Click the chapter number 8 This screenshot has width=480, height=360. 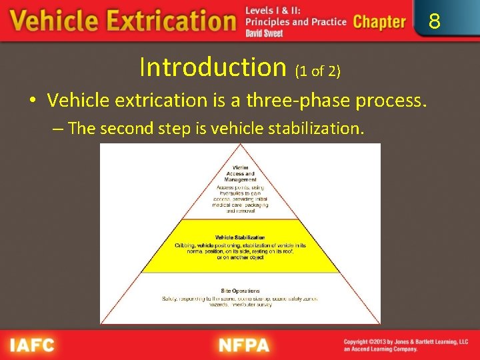[434, 22]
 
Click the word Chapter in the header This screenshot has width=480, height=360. [379, 22]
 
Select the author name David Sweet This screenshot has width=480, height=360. [264, 33]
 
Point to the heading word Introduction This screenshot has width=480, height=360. [213, 67]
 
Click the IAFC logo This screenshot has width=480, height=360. [31, 345]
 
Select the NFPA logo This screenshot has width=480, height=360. [243, 345]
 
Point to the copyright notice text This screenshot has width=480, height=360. [405, 345]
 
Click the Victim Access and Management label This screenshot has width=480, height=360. [241, 173]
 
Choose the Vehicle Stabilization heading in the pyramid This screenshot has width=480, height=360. [240, 237]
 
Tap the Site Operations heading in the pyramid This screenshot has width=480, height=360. [240, 291]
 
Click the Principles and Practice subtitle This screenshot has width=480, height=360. [296, 22]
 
